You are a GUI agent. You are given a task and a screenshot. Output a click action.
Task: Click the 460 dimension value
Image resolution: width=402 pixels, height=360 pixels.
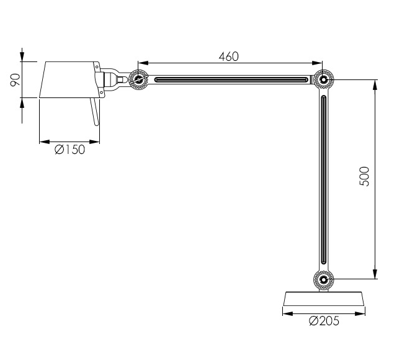[x=229, y=56]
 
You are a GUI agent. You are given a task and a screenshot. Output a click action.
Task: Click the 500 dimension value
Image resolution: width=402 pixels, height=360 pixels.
[x=365, y=177]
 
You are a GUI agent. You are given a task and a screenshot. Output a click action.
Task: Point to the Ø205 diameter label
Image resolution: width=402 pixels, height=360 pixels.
[x=324, y=321]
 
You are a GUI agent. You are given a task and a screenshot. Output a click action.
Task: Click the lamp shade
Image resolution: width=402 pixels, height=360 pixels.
[x=67, y=79]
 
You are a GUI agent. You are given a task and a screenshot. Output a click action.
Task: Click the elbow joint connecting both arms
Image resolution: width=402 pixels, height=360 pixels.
[x=323, y=79]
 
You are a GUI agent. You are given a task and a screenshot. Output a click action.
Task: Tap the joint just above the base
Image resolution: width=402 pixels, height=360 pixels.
[x=323, y=280]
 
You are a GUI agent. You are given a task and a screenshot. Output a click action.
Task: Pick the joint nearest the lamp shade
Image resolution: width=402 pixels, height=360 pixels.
[x=138, y=79]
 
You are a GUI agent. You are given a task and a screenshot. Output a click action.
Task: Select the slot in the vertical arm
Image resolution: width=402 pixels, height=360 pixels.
[x=323, y=180]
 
